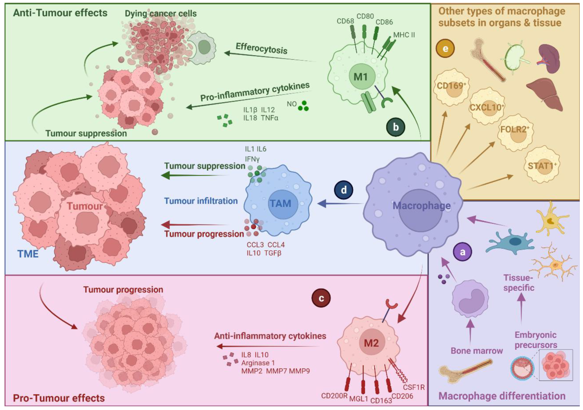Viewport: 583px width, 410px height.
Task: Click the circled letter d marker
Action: click(x=344, y=190)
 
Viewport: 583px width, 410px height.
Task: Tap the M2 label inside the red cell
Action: click(x=371, y=343)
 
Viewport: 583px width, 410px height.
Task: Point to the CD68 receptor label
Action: click(x=345, y=21)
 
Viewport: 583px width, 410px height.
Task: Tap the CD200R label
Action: click(x=334, y=396)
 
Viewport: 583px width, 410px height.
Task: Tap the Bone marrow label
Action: click(x=476, y=351)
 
